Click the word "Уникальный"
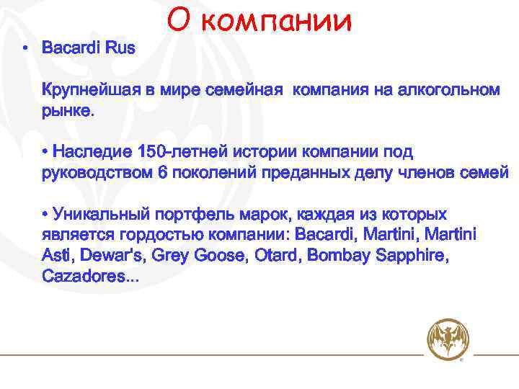(x=101, y=215)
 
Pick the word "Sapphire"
(x=413, y=256)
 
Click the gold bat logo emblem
(x=447, y=340)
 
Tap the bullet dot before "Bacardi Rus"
(x=25, y=49)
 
